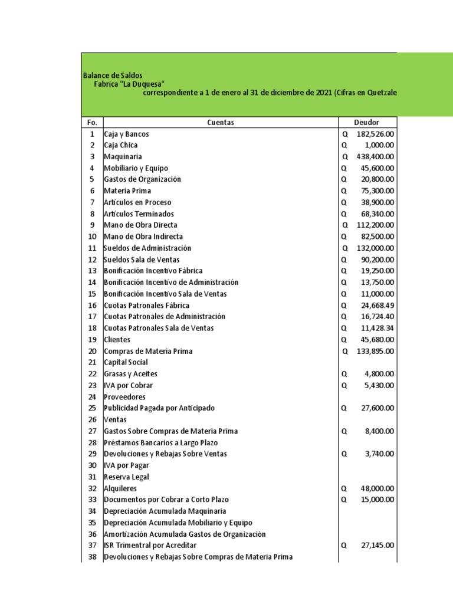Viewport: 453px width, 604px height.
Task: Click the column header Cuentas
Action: pyautogui.click(x=221, y=122)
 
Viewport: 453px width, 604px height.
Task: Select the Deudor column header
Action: pyautogui.click(x=366, y=122)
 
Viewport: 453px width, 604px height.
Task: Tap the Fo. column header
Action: pyautogui.click(x=91, y=122)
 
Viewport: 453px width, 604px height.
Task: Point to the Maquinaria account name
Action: pyautogui.click(x=122, y=157)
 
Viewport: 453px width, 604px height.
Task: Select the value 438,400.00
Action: pyautogui.click(x=375, y=157)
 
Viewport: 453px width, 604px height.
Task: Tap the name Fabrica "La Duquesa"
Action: pyautogui.click(x=129, y=84)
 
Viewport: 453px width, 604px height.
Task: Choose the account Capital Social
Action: pyautogui.click(x=126, y=362)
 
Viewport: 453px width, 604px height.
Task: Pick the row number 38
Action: pyautogui.click(x=91, y=557)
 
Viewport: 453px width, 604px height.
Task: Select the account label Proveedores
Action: pyautogui.click(x=124, y=397)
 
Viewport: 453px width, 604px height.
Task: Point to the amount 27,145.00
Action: pyautogui.click(x=377, y=546)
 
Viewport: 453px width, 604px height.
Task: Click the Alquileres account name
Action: pyautogui.click(x=120, y=488)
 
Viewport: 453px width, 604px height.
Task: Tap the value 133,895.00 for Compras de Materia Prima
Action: pyautogui.click(x=375, y=351)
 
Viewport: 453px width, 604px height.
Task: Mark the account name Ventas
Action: pyautogui.click(x=114, y=419)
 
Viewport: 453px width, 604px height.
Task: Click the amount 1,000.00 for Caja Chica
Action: pyautogui.click(x=380, y=145)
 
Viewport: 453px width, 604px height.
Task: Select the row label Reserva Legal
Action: pyautogui.click(x=126, y=477)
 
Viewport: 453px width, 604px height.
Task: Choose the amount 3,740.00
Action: pyautogui.click(x=380, y=454)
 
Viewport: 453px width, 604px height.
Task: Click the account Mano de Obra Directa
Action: pyautogui.click(x=140, y=225)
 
